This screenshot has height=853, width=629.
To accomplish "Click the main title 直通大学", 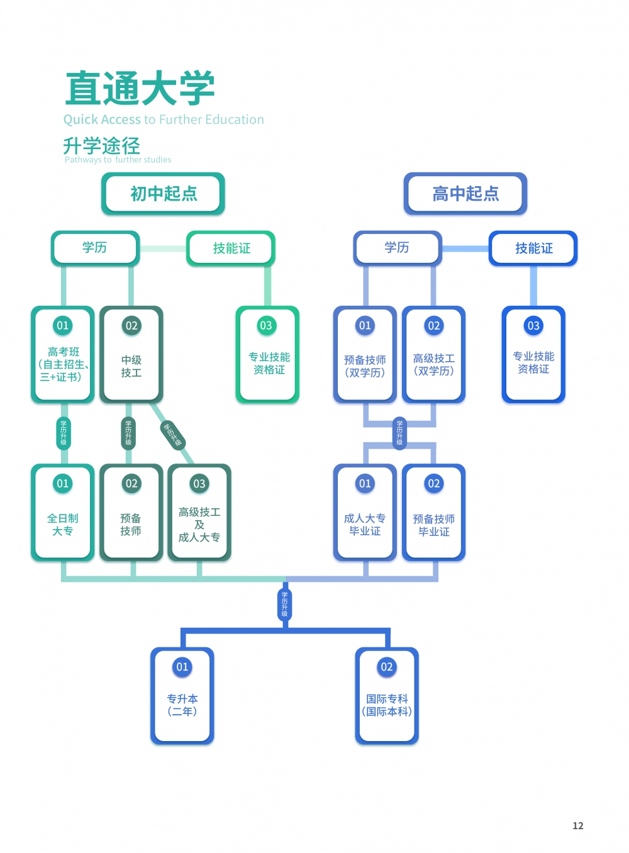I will (x=140, y=89).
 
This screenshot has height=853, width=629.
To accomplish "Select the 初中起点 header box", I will (x=164, y=193).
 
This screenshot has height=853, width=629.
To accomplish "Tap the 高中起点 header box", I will (x=465, y=193).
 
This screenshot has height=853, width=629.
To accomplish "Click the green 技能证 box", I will (x=231, y=248).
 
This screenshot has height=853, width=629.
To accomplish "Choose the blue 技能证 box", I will (x=533, y=248).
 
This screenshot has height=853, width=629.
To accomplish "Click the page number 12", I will (x=578, y=826).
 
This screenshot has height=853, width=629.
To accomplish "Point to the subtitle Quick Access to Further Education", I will (x=164, y=120).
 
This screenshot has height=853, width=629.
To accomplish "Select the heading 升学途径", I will (x=101, y=146).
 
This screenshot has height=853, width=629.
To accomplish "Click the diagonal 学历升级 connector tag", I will (x=172, y=435).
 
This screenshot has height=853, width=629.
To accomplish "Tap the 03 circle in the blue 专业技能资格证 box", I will (x=533, y=326).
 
